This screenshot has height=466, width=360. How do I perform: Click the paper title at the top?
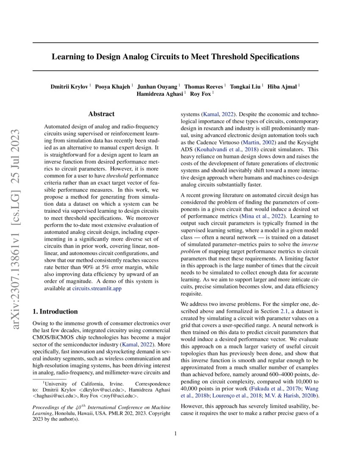coord(175,56)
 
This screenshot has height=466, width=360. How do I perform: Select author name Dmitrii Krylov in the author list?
coord(70,86)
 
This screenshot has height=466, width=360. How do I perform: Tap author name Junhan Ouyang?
coord(160,86)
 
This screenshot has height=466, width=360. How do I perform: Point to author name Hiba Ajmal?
coord(285,86)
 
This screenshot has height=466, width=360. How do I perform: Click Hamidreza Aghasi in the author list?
coord(160,94)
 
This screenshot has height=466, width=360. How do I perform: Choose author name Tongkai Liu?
coord(245,86)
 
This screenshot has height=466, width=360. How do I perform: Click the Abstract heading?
coord(101,114)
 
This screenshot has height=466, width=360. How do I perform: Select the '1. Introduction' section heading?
coord(55,311)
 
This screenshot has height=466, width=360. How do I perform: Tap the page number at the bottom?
coord(175,433)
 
